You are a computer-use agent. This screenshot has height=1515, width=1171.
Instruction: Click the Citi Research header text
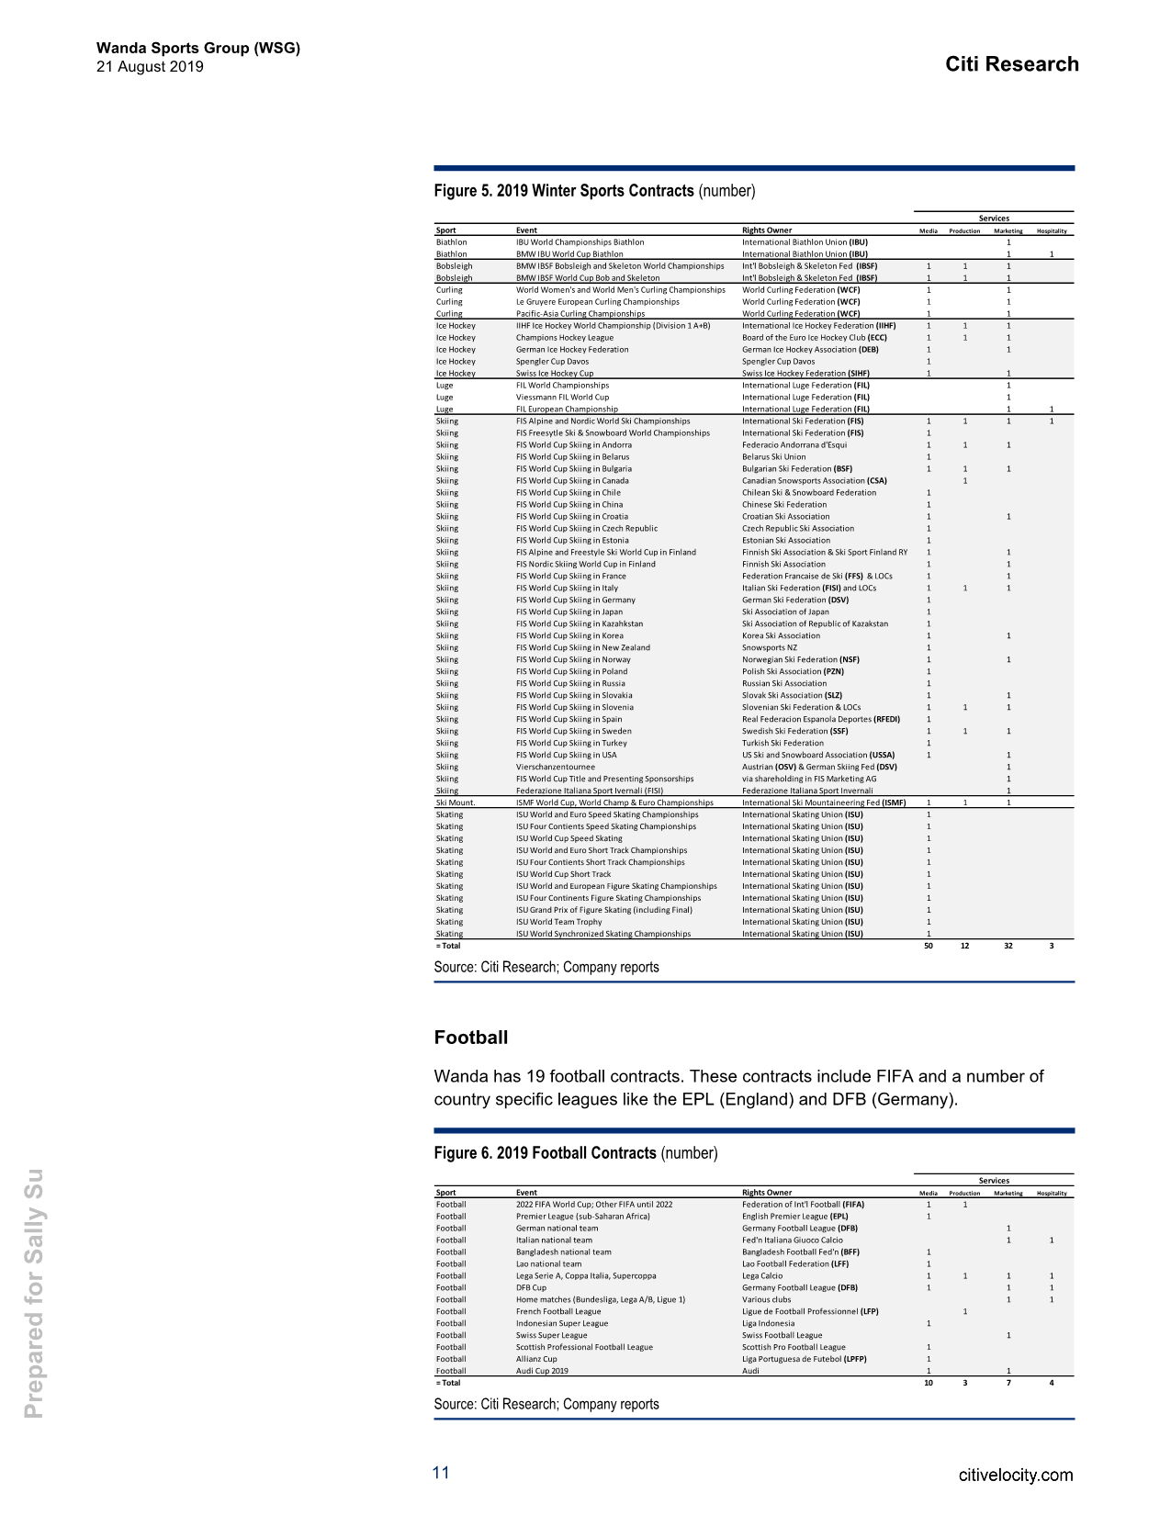coord(1011,64)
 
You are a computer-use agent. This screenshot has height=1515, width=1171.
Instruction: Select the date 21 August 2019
coord(150,67)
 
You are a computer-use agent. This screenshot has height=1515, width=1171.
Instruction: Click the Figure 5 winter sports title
coord(593,191)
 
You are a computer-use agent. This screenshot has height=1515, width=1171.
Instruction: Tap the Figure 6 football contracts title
coord(575,1153)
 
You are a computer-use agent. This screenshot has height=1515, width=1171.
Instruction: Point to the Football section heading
coord(470,1038)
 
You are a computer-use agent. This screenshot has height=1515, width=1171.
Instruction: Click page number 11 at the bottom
coord(441,1473)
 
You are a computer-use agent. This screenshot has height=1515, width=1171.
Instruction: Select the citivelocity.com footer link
coord(1015,1476)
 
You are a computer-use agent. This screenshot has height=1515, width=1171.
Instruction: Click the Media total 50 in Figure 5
coord(928,946)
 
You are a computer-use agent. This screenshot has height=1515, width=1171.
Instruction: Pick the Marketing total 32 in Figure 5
coord(1008,946)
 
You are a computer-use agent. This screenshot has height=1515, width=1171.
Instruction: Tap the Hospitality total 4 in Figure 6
coord(1052,1383)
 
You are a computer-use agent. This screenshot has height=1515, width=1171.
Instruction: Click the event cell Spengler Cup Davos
coord(552,362)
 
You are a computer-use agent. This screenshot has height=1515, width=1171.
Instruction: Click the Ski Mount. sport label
coord(456,802)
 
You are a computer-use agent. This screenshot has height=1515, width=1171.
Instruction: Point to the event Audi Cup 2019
coord(542,1371)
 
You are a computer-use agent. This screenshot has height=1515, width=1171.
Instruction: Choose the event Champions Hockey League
coord(564,338)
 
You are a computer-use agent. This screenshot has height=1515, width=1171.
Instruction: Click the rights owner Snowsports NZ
coord(769,647)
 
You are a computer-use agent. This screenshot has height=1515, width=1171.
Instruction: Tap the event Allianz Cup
coord(536,1359)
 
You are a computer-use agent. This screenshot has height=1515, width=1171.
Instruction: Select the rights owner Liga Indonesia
coord(768,1323)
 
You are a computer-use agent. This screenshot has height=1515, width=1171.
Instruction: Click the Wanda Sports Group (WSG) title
coord(198,48)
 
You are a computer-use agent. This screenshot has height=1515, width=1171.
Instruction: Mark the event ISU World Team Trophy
coord(558,922)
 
